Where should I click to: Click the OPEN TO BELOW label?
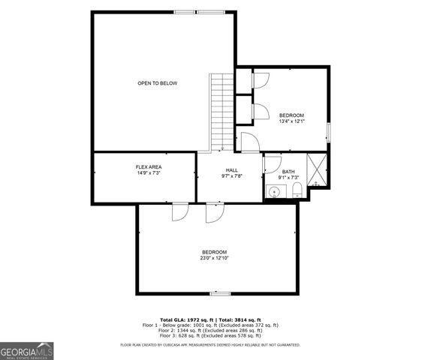pos(157,82)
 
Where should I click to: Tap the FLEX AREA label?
pos(149,166)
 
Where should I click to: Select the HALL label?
pos(231,170)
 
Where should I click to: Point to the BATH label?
pos(288,172)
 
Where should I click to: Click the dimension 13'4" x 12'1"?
pos(291,121)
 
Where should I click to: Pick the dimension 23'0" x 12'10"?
pos(214,258)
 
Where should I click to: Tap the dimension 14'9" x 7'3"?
pos(149,173)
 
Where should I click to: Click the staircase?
pos(222,112)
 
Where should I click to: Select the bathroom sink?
pos(275,192)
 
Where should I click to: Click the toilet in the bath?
pos(297,189)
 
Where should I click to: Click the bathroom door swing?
pos(272,163)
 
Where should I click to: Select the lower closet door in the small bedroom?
pos(261,111)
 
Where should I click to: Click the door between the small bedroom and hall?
pos(249,140)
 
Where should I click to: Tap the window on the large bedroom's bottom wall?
pos(219,293)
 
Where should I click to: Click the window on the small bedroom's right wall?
pos(328,130)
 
